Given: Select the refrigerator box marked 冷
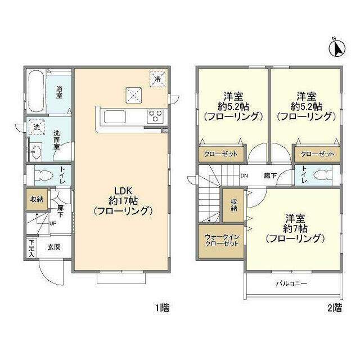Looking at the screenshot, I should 158,79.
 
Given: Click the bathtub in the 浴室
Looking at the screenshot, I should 37,91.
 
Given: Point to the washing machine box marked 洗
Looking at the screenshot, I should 36,128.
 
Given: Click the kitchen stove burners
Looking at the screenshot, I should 155,116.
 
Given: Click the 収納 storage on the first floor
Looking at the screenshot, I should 36,199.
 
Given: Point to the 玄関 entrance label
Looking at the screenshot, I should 54,247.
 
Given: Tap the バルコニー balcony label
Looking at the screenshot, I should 291,284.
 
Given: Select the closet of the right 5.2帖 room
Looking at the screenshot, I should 317,154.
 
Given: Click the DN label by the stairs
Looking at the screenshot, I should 244,175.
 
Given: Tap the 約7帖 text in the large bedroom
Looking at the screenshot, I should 295,228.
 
